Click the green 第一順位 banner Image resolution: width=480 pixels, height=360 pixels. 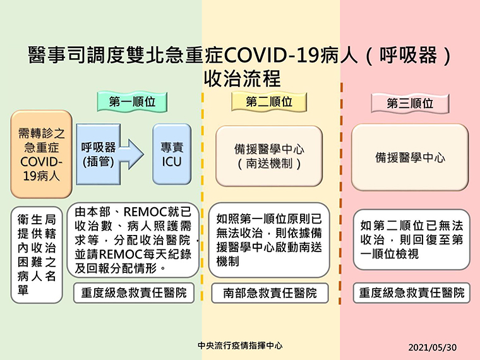(x=132, y=102)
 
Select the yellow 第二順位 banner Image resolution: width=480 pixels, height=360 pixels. (x=269, y=102)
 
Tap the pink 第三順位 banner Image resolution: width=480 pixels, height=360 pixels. (x=410, y=103)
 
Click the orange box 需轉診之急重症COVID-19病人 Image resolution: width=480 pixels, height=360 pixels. (x=42, y=154)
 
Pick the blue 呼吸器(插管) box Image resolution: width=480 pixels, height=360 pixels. (x=98, y=154)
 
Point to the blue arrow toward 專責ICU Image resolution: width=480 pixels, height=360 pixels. (x=131, y=154)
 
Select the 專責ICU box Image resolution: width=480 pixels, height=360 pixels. (x=172, y=154)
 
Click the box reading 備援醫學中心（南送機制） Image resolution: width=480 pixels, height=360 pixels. (x=269, y=156)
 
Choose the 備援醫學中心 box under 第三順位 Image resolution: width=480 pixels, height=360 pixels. (x=410, y=157)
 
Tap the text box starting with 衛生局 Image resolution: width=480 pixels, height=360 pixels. (x=37, y=255)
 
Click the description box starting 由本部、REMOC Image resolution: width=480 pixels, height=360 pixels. (x=133, y=240)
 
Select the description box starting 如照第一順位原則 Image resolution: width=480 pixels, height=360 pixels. (x=269, y=240)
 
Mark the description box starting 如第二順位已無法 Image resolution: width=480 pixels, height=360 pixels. (x=411, y=240)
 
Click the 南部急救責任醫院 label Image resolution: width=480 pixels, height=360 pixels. (x=270, y=293)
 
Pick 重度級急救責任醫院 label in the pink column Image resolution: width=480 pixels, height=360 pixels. (x=411, y=293)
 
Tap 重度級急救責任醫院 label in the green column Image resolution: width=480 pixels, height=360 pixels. (x=134, y=293)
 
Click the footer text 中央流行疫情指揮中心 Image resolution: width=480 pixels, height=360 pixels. (x=240, y=345)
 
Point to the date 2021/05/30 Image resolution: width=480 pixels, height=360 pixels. (x=432, y=347)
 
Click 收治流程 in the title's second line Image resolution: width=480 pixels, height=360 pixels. (x=242, y=79)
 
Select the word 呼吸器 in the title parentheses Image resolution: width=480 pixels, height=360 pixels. (x=409, y=56)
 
